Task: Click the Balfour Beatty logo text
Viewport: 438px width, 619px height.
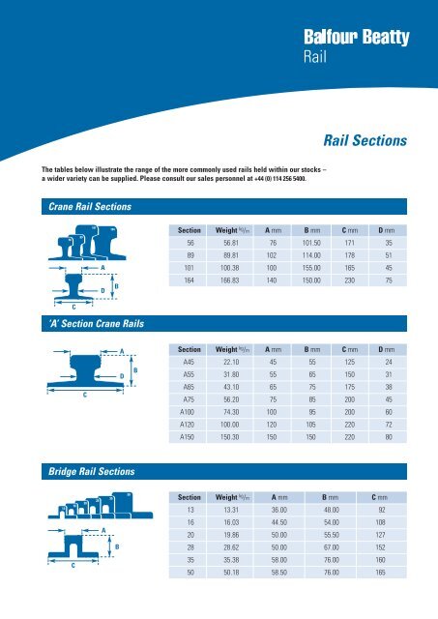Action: (x=357, y=39)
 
